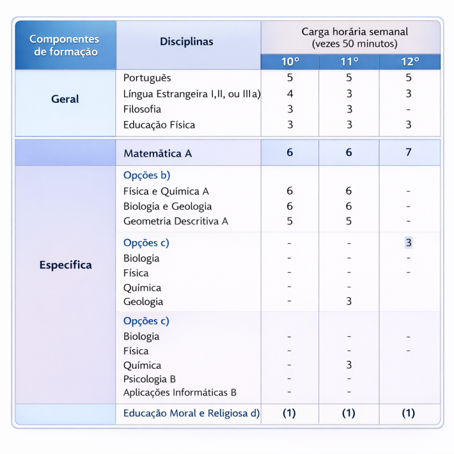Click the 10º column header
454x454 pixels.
pos(290,62)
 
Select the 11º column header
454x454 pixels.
pos(349,62)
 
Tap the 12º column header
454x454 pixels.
pos(410,62)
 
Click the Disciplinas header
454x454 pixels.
pos(186,42)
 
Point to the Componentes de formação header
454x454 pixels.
pos(64,46)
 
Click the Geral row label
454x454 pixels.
pos(65,99)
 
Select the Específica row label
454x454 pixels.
pos(66,265)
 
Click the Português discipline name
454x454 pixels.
pos(147,78)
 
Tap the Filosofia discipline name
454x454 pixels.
pos(142,109)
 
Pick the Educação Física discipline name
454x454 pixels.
pos(159,125)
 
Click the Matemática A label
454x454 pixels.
pos(158,154)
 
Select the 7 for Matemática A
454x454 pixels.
pos(408,153)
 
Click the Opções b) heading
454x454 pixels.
pos(147,176)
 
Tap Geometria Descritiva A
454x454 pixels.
pos(176,221)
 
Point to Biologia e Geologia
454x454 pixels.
pos(167,206)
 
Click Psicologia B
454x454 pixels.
pos(150,379)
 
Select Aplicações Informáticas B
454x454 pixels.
pos(180,393)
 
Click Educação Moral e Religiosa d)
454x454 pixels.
pos(192,413)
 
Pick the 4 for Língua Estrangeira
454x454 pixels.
pos(290,93)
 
